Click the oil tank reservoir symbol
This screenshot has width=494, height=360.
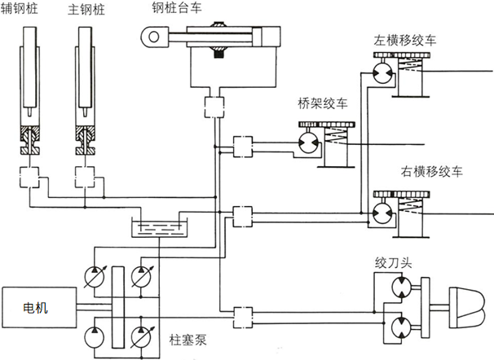point(161,227)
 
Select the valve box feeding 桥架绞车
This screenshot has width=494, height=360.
point(243,147)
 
